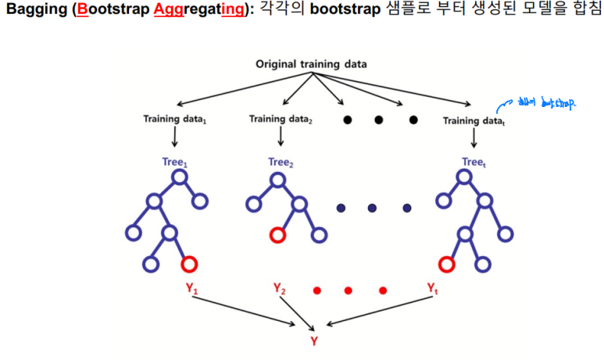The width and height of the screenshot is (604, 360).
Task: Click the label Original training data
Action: [312, 63]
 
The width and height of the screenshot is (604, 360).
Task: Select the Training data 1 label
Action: [173, 119]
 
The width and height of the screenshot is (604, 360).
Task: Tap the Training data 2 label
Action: [280, 119]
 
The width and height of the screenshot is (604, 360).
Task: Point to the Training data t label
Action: [474, 120]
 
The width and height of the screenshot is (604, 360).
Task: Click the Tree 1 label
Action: [177, 162]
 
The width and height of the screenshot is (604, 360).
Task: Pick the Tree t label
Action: [475, 162]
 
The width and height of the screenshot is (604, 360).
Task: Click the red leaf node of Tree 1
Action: [189, 264]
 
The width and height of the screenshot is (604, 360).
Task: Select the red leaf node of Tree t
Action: [447, 265]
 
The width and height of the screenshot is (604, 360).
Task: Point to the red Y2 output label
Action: [279, 288]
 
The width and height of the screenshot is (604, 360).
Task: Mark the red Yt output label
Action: [432, 288]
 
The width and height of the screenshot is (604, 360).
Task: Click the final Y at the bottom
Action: [313, 340]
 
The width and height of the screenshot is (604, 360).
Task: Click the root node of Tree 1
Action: [180, 177]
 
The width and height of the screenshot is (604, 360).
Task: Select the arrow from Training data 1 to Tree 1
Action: [174, 137]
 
